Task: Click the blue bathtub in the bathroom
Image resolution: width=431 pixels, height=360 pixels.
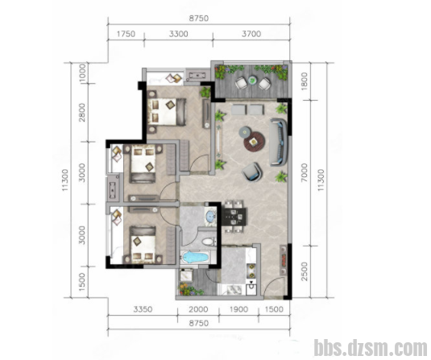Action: pyautogui.click(x=195, y=258)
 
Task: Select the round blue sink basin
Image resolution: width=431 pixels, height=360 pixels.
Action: pyautogui.click(x=211, y=216)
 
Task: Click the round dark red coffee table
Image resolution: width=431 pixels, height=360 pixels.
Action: pyautogui.click(x=255, y=142)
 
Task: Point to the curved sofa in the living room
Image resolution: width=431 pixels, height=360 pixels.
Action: pyautogui.click(x=280, y=142)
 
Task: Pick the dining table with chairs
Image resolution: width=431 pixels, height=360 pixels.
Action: pyautogui.click(x=234, y=217)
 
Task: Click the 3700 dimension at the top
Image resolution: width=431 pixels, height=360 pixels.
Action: pyautogui.click(x=251, y=34)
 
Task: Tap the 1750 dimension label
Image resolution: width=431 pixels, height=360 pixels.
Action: pyautogui.click(x=126, y=34)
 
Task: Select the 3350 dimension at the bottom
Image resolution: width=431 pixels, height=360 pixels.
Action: pyautogui.click(x=143, y=309)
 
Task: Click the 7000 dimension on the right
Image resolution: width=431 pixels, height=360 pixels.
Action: pyautogui.click(x=304, y=172)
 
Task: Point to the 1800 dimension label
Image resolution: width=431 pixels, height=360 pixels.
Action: pyautogui.click(x=304, y=81)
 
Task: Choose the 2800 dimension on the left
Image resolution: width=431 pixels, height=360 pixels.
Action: pyautogui.click(x=81, y=113)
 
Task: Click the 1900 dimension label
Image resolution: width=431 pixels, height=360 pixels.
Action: pyautogui.click(x=238, y=309)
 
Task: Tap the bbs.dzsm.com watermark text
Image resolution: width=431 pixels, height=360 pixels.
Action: pyautogui.click(x=371, y=348)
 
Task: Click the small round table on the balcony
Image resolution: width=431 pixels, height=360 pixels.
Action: pyautogui.click(x=252, y=81)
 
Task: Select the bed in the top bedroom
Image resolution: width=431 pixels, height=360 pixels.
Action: pyautogui.click(x=167, y=112)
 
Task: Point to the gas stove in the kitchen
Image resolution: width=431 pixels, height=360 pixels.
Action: pyautogui.click(x=251, y=271)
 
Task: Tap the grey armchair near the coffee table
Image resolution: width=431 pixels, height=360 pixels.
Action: pyautogui.click(x=252, y=172)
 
